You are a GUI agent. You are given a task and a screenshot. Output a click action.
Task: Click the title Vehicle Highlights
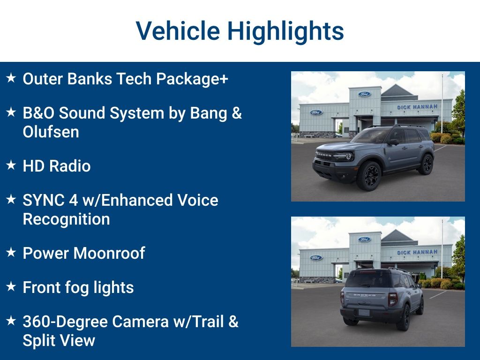(240, 31)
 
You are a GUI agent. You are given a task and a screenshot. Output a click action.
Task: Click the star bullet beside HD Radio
(11, 165)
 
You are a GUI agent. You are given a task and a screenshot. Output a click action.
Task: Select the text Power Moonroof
(84, 253)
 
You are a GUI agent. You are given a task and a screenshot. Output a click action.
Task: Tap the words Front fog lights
(78, 287)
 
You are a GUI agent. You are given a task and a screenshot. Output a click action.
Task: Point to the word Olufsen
(51, 132)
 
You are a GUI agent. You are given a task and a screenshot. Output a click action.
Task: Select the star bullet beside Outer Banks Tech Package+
(11, 78)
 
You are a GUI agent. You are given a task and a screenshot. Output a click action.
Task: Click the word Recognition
(66, 219)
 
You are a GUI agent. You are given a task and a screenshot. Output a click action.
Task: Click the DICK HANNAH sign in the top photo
(417, 107)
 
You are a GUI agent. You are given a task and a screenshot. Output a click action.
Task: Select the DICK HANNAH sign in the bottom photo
(417, 252)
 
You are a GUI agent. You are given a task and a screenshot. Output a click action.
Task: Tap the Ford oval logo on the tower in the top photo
(364, 94)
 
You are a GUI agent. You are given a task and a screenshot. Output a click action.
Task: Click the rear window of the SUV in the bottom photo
(367, 280)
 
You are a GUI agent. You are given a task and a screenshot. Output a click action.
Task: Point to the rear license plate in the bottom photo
(364, 312)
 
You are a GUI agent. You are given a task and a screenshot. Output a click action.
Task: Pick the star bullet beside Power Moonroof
(11, 252)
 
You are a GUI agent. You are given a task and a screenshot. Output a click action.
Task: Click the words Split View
(59, 340)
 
